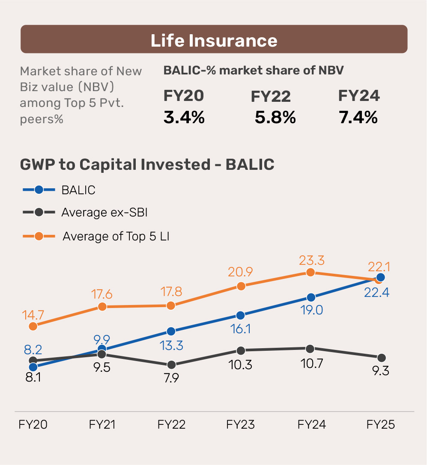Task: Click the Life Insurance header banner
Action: pos(214,39)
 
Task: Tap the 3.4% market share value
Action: pos(184,117)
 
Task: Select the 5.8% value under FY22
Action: pos(275,117)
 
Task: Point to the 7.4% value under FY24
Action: pos(358,117)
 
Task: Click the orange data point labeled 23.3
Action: pos(311,272)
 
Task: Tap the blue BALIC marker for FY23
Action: pos(241,316)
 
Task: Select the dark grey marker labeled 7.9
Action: pos(171,365)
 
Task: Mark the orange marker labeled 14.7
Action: pos(33,326)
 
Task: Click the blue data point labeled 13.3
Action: pos(171,332)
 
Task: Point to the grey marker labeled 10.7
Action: pos(311,349)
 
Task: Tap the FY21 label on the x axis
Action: pos(102,425)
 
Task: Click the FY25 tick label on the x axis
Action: pos(380,425)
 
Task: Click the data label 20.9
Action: pos(240,272)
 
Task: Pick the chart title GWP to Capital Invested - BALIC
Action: pos(147,165)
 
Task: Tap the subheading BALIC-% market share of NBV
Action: pos(253,71)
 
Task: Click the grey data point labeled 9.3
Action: pos(381,358)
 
